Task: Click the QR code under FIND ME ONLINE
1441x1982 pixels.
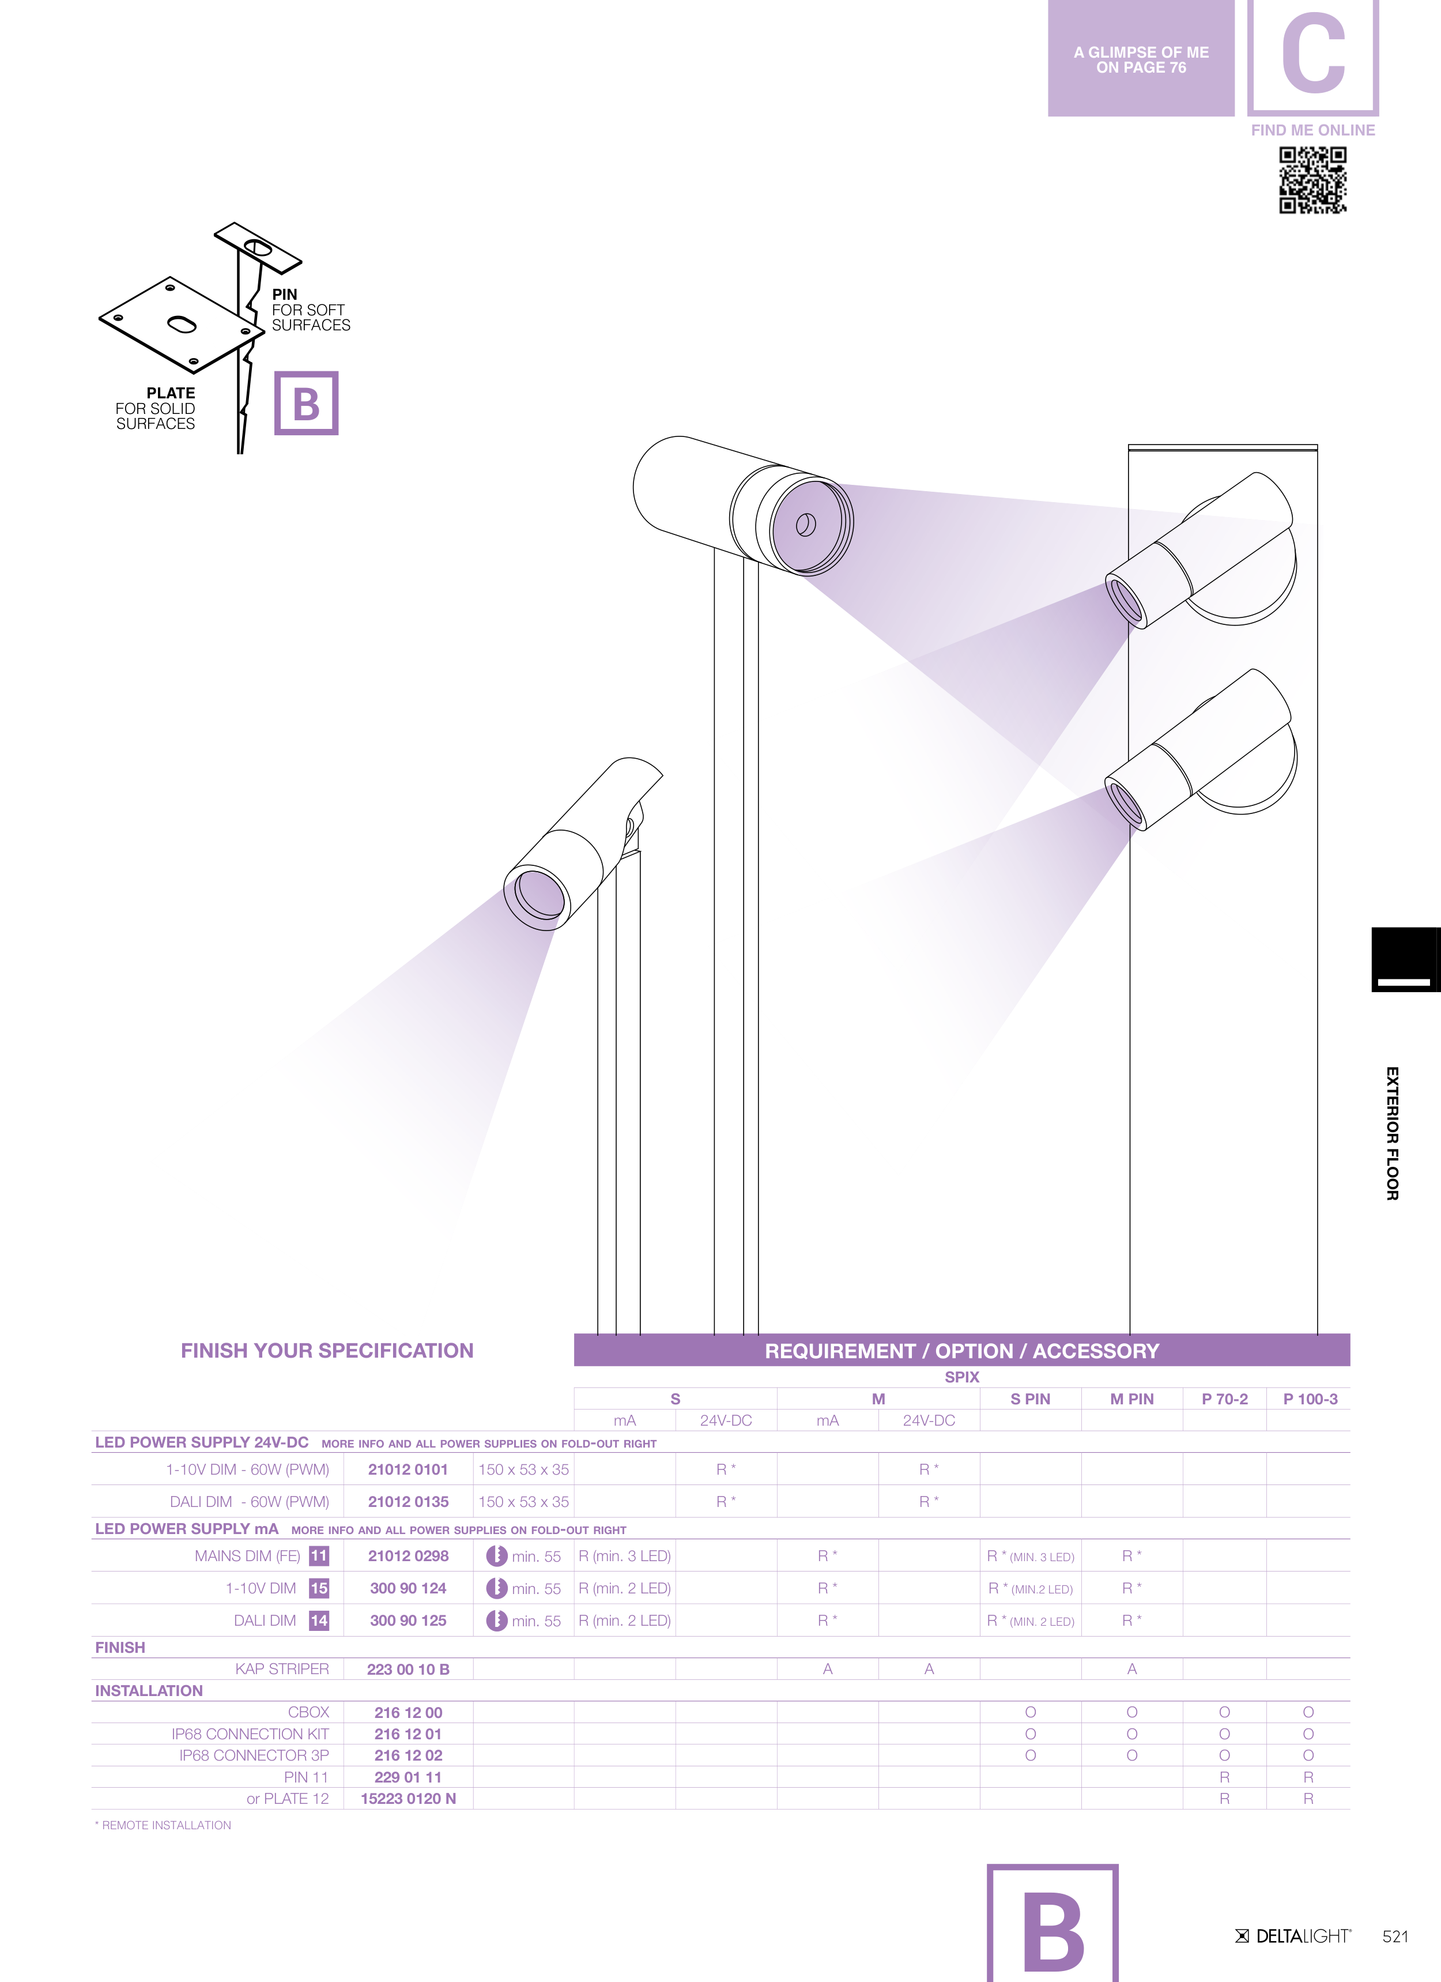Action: click(1312, 180)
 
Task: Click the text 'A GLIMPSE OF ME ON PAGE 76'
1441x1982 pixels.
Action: click(1141, 59)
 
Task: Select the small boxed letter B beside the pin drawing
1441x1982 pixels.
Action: click(307, 404)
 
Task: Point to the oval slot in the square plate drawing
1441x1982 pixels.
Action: click(182, 325)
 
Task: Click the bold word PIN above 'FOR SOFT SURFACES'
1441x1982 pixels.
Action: click(285, 295)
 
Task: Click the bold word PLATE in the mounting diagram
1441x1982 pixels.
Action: click(171, 393)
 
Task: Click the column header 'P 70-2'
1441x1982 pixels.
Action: click(1224, 1399)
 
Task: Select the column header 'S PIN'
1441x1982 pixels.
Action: click(1030, 1399)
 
